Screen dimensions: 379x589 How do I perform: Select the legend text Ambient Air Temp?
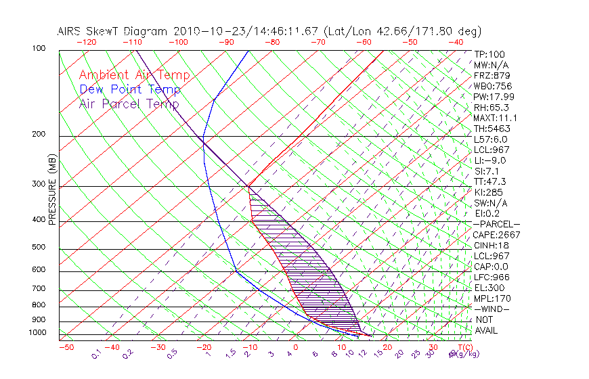pyautogui.click(x=134, y=75)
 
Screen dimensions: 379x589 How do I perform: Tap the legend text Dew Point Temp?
pyautogui.click(x=130, y=89)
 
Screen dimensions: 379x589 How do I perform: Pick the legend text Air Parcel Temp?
pyautogui.click(x=129, y=104)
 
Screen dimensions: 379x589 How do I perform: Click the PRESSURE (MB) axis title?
pyautogui.click(x=52, y=197)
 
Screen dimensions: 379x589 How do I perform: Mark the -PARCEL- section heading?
pyautogui.click(x=496, y=224)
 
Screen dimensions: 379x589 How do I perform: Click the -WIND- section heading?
pyautogui.click(x=492, y=309)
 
